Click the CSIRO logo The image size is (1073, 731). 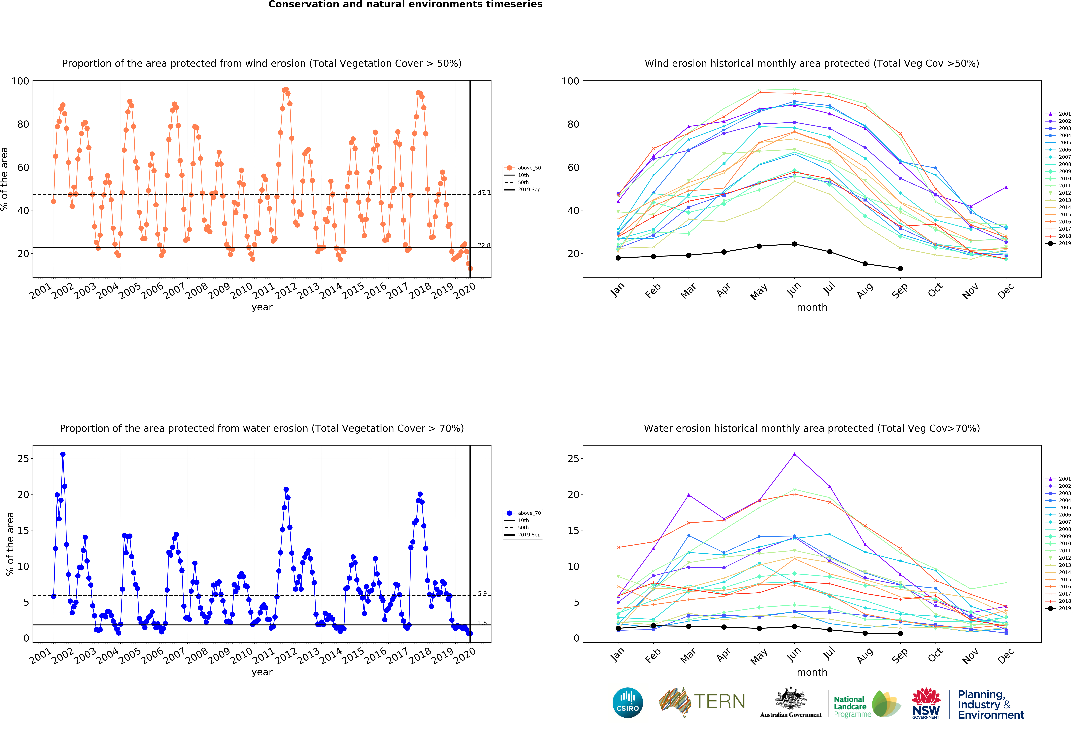pos(627,703)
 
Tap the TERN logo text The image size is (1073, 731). pos(719,701)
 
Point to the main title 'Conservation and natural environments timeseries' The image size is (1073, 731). pos(405,5)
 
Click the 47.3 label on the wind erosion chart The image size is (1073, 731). pos(484,192)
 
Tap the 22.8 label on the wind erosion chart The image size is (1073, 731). pos(484,245)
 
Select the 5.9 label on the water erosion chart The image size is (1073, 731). pos(482,593)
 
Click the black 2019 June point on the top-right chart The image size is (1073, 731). pos(794,244)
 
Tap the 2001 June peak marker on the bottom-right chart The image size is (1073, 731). pos(794,454)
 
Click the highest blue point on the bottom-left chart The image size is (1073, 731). pos(63,454)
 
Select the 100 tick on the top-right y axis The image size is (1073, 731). pos(570,81)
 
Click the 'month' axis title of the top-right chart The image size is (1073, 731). pos(812,307)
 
